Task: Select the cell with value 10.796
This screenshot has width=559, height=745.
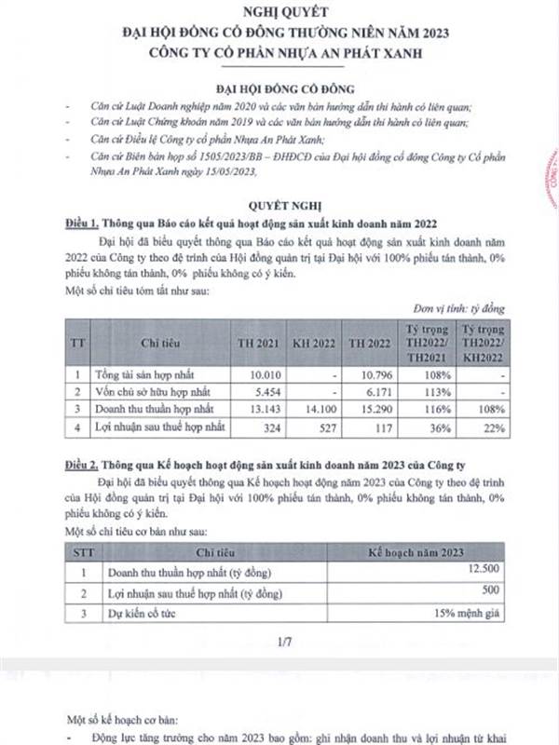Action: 371,373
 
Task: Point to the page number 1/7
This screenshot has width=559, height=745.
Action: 284,642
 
